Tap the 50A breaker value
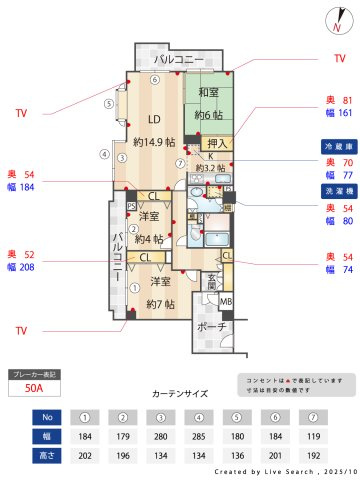tap(33, 391)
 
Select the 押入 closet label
tap(219, 143)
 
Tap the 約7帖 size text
tap(160, 303)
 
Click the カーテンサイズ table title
tap(179, 394)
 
